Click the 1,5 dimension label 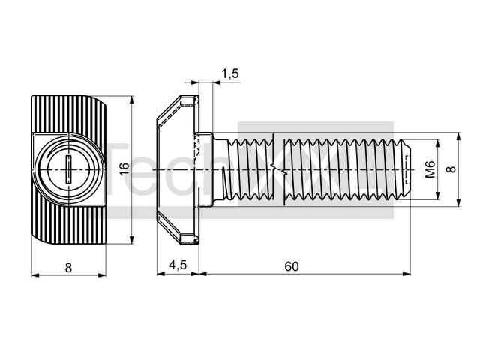tap(230, 73)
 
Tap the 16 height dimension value tap(124, 169)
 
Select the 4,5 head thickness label tap(178, 265)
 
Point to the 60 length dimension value tap(292, 266)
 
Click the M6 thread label tap(430, 169)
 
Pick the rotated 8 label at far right tap(451, 169)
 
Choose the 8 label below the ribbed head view tap(68, 268)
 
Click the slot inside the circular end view tap(69, 169)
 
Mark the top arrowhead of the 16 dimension tap(132, 100)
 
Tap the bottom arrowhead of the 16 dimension tap(132, 240)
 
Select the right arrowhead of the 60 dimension tap(406, 273)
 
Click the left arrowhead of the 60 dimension tap(203, 273)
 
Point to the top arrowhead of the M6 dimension tap(438, 143)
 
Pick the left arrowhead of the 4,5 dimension tap(161, 273)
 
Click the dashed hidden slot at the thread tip tap(407, 169)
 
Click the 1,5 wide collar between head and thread tap(205, 169)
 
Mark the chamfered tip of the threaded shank tap(406, 169)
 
